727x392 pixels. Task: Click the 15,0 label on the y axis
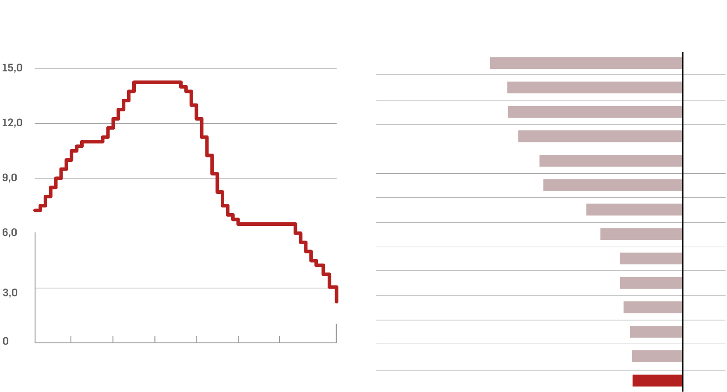pyautogui.click(x=12, y=68)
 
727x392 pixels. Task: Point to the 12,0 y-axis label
pyautogui.click(x=12, y=123)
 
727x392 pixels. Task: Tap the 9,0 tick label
pyautogui.click(x=10, y=178)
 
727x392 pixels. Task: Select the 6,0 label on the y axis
pyautogui.click(x=10, y=232)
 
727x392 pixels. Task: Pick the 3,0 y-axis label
pyautogui.click(x=10, y=292)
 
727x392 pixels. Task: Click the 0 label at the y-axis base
pyautogui.click(x=6, y=341)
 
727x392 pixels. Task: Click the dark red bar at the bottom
pyautogui.click(x=657, y=381)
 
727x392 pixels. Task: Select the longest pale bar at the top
pyautogui.click(x=586, y=63)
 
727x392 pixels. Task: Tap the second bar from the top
pyautogui.click(x=595, y=87)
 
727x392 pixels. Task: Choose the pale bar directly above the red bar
pyautogui.click(x=657, y=356)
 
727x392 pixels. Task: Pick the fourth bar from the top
pyautogui.click(x=600, y=136)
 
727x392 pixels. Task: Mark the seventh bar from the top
pyautogui.click(x=634, y=210)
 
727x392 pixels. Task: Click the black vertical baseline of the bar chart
pyautogui.click(x=683, y=219)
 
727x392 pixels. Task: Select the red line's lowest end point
pyautogui.click(x=336, y=302)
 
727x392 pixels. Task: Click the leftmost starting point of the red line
pyautogui.click(x=35, y=210)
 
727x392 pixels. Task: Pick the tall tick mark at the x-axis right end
pyautogui.click(x=336, y=333)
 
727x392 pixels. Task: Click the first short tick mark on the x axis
pyautogui.click(x=71, y=339)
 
